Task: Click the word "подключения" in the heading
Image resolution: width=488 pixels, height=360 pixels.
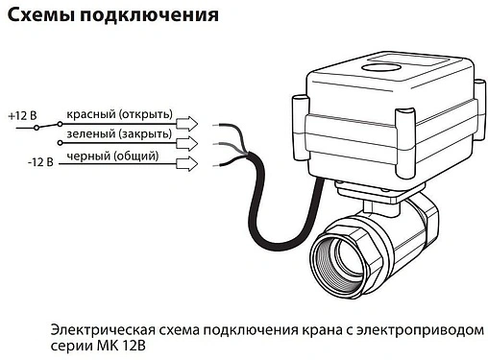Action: pyautogui.click(x=144, y=17)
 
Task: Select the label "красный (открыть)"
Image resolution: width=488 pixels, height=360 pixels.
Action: pyautogui.click(x=119, y=114)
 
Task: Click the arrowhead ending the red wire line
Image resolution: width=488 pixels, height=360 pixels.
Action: pyautogui.click(x=192, y=123)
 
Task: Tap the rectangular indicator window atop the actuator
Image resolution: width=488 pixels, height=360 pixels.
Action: pyautogui.click(x=381, y=68)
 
